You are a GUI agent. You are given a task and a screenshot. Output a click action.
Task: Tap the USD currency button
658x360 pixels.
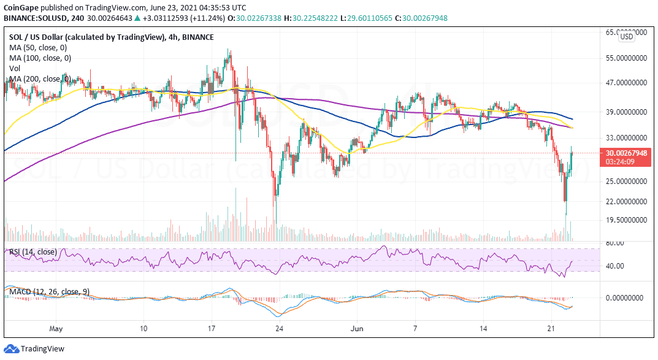[626, 37]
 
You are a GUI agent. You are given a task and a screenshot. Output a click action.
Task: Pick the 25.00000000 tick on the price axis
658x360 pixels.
[624, 182]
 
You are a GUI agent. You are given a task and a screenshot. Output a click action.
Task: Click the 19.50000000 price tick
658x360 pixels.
[624, 220]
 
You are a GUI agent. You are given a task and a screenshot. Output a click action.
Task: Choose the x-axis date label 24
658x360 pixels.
[280, 329]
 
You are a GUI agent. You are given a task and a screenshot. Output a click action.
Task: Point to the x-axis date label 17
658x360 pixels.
[212, 329]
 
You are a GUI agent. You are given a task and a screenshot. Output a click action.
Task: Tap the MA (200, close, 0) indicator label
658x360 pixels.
[40, 79]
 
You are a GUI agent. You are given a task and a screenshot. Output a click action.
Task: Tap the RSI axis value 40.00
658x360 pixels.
[615, 266]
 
